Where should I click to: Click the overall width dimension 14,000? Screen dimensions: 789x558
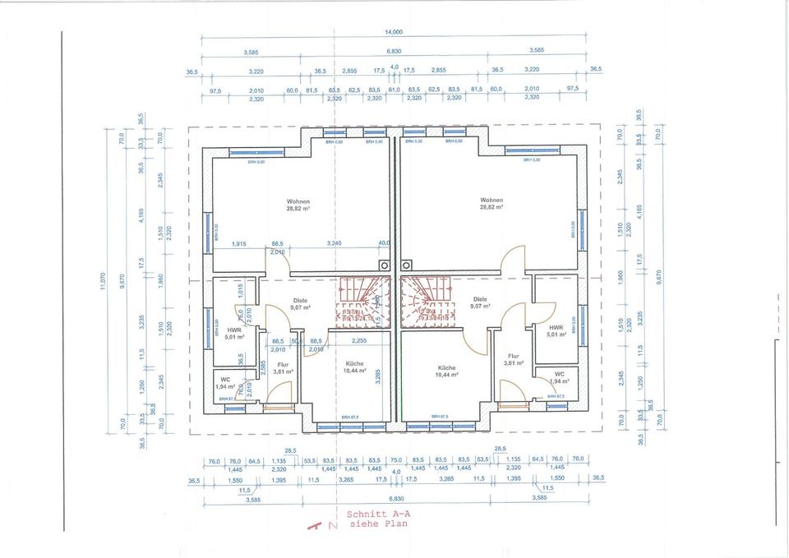point(393,31)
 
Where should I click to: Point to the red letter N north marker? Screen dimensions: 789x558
point(331,524)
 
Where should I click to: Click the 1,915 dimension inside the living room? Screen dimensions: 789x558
point(239,244)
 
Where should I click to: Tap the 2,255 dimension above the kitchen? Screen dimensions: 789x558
point(359,340)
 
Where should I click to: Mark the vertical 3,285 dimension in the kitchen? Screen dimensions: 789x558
point(378,376)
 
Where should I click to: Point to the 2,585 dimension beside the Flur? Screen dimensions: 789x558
point(263,368)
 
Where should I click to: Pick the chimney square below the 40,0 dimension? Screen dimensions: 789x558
point(384,265)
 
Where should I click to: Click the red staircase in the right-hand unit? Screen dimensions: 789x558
point(424,304)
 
